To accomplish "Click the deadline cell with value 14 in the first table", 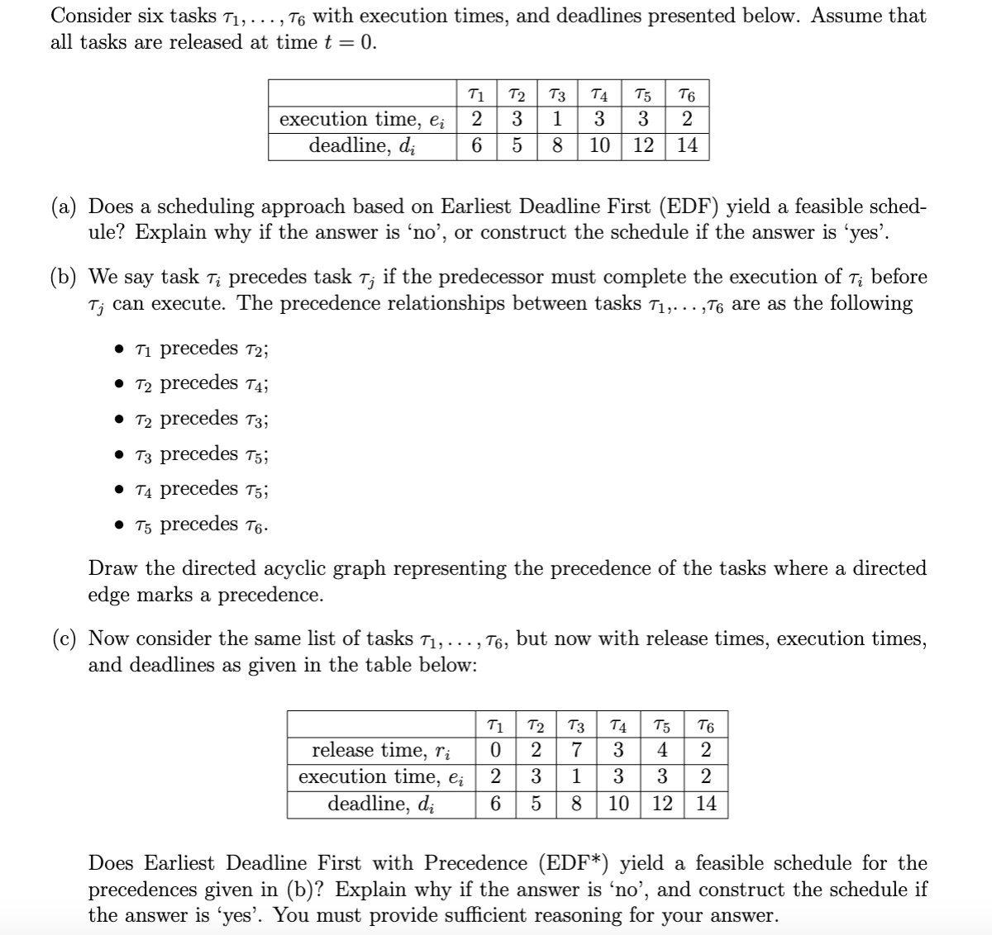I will point(688,146).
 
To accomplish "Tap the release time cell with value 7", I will point(578,750).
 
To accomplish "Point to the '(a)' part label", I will point(68,206).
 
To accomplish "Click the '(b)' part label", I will point(68,277).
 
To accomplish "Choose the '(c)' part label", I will point(68,638).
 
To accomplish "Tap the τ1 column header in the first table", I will point(477,93).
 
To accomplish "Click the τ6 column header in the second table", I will point(707,726).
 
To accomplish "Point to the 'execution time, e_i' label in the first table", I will point(362,120).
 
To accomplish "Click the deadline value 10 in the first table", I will point(599,146).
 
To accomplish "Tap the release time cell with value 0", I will point(495,750).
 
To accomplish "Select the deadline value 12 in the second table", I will point(662,804).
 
